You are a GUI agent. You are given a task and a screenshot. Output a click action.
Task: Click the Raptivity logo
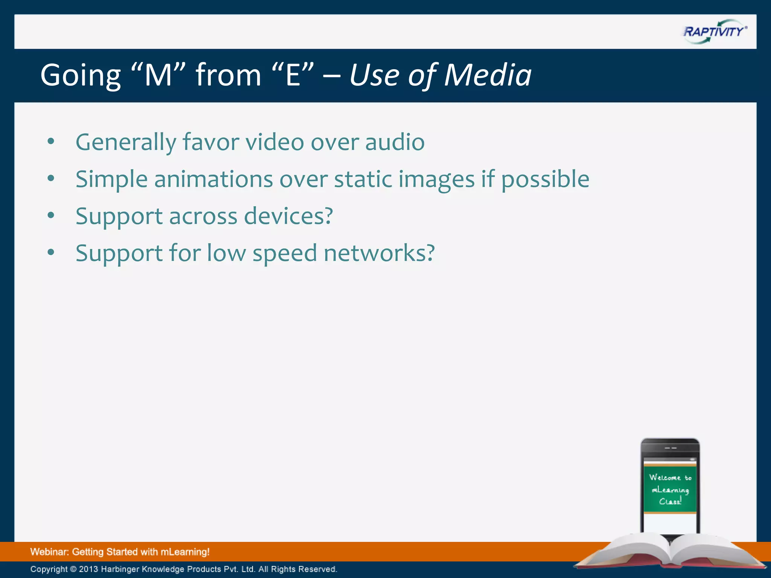[x=715, y=32]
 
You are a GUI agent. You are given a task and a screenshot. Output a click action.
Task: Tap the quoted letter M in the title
[x=158, y=75]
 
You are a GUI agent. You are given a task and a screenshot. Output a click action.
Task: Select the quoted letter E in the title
[x=293, y=75]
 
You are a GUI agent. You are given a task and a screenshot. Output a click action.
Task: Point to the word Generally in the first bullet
[x=126, y=142]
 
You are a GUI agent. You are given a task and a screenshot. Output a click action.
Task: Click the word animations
[x=213, y=179]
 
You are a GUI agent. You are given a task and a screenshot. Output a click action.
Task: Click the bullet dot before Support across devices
[x=51, y=215]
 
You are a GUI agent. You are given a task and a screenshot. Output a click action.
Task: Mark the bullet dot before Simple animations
[x=51, y=178]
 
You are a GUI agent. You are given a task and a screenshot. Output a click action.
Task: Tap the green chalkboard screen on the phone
[x=670, y=489]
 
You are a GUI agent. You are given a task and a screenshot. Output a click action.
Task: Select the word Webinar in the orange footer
[x=50, y=552]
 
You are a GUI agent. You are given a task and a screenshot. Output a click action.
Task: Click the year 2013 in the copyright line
[x=88, y=569]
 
